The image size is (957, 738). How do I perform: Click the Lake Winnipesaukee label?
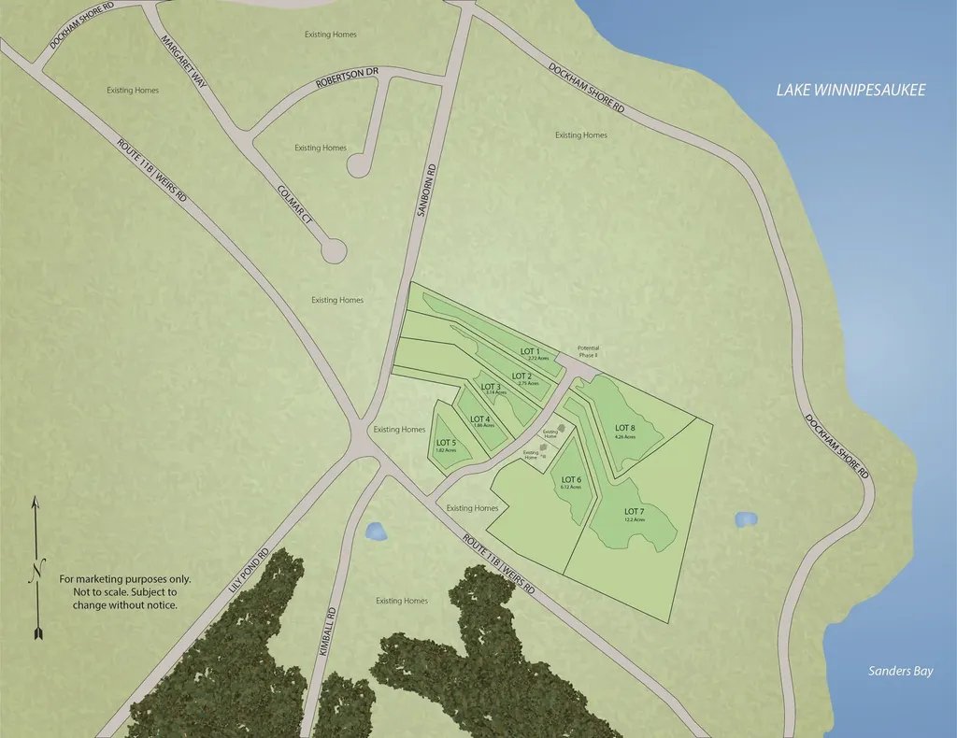tap(850, 91)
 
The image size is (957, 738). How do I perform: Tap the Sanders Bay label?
tap(900, 671)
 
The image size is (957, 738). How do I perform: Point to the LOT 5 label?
tap(446, 443)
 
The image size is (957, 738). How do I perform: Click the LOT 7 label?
tap(634, 512)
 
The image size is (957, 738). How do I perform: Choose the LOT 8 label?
tap(625, 429)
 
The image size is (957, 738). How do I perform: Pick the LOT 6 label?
tap(571, 480)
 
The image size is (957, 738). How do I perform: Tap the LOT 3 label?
tap(491, 387)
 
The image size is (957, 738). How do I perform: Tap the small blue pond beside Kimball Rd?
tap(376, 531)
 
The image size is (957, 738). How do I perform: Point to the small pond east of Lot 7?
tap(746, 518)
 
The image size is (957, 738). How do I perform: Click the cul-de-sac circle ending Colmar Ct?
tap(334, 250)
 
